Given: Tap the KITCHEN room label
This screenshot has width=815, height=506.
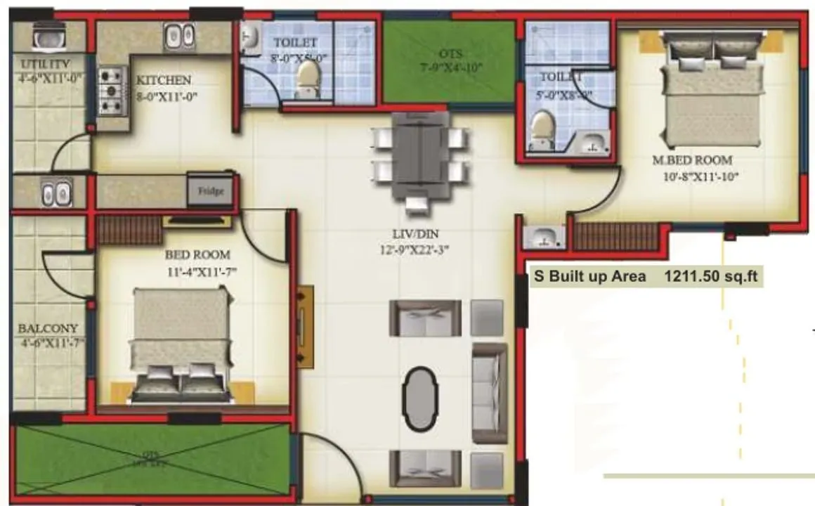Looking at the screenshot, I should click(x=164, y=80).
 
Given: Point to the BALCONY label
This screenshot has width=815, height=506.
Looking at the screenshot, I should click(x=48, y=328).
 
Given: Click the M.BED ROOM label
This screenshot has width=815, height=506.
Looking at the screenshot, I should click(x=692, y=160).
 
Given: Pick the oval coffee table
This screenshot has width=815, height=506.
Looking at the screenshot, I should click(x=419, y=398).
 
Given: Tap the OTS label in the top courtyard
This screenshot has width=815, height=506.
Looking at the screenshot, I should click(x=450, y=53).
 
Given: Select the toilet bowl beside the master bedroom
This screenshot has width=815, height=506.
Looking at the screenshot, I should click(x=542, y=131).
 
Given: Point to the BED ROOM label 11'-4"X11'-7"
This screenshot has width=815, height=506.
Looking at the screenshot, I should click(x=197, y=254).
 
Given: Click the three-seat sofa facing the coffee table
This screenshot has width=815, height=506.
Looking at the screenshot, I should click(x=489, y=393).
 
